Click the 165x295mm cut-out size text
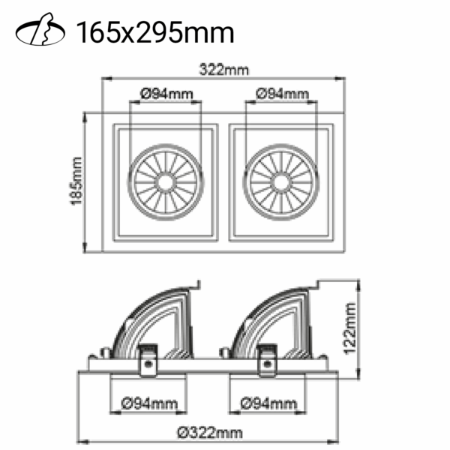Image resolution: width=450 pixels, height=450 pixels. tap(155, 32)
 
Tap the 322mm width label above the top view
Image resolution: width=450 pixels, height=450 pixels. tap(223, 70)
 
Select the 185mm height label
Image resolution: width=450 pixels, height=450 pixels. tap(76, 181)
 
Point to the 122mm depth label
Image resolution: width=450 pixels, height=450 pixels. tap(350, 328)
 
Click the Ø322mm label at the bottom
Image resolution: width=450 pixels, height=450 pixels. tap(210, 433)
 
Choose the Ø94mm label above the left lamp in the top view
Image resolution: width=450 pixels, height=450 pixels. tap(166, 94)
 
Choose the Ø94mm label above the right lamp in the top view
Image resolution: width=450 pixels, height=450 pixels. tap(283, 94)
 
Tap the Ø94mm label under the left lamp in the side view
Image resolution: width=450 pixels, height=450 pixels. tap(149, 404)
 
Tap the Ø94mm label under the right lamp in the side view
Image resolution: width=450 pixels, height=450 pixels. tap(268, 404)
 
